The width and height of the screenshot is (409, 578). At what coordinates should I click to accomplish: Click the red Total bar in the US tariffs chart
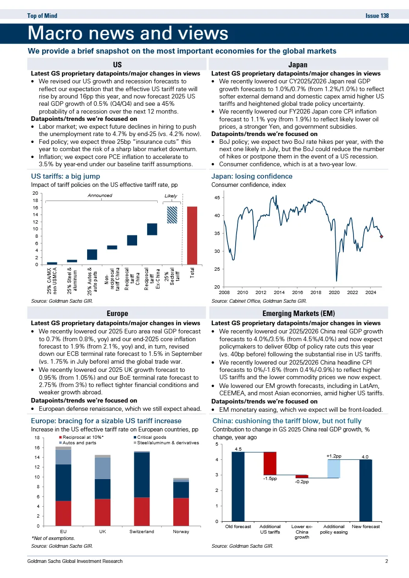click(192, 235)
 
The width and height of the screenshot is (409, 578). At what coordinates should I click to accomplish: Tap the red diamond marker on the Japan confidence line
click(381, 236)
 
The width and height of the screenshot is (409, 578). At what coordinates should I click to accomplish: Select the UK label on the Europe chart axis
click(103, 532)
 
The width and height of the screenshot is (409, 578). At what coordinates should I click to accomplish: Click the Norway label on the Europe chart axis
click(180, 532)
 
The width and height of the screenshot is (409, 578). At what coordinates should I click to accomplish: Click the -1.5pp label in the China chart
click(269, 479)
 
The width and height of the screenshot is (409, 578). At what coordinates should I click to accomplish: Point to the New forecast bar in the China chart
click(365, 490)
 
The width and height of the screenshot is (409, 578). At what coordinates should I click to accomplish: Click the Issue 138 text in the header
click(377, 16)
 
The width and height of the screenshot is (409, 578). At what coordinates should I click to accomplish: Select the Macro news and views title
click(128, 33)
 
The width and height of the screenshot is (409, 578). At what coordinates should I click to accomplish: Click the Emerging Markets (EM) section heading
click(298, 314)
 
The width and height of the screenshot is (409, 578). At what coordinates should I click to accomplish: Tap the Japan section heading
click(298, 65)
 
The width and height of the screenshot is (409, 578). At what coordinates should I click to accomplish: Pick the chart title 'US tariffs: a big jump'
click(65, 176)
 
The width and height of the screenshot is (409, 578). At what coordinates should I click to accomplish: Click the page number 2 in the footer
click(387, 561)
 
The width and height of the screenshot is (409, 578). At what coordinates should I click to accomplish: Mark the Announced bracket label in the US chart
click(99, 196)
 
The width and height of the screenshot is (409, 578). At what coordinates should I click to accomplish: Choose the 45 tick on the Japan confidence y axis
click(218, 198)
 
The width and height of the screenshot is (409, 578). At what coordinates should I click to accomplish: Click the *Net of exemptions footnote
click(53, 538)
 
